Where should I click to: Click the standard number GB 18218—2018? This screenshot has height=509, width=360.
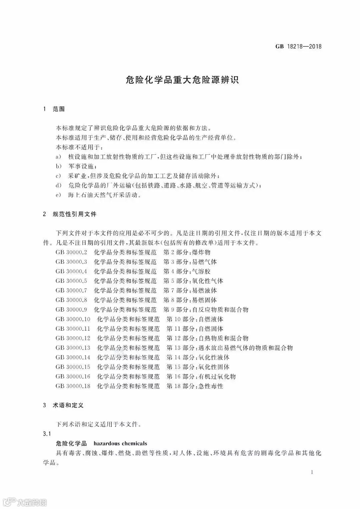298,47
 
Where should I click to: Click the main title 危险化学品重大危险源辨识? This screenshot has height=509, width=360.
182,80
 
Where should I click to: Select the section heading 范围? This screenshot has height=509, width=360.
59,109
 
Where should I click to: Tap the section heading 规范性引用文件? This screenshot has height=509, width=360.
75,214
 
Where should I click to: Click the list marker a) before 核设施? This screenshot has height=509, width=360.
58,157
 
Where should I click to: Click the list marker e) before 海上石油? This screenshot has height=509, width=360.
58,195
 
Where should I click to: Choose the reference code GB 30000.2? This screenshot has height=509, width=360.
71,252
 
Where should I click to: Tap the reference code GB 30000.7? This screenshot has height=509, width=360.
71,291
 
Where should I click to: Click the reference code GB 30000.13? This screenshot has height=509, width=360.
73,348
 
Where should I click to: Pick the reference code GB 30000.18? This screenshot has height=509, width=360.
73,386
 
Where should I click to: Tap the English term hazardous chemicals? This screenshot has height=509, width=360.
120,444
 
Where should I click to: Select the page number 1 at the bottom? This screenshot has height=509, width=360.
312,472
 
